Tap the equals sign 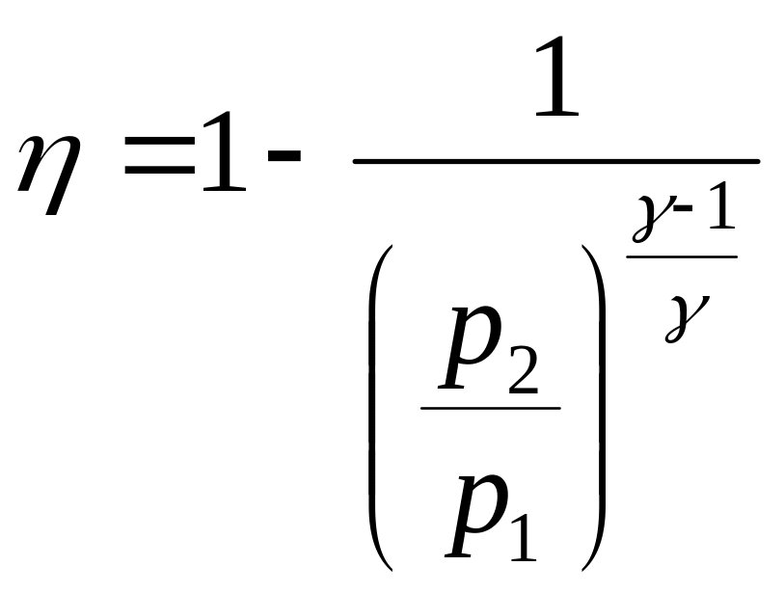click(159, 164)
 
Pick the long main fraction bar click(556, 161)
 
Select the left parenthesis click(381, 405)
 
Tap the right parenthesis click(595, 405)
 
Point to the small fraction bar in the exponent click(682, 256)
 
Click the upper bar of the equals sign click(159, 152)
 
